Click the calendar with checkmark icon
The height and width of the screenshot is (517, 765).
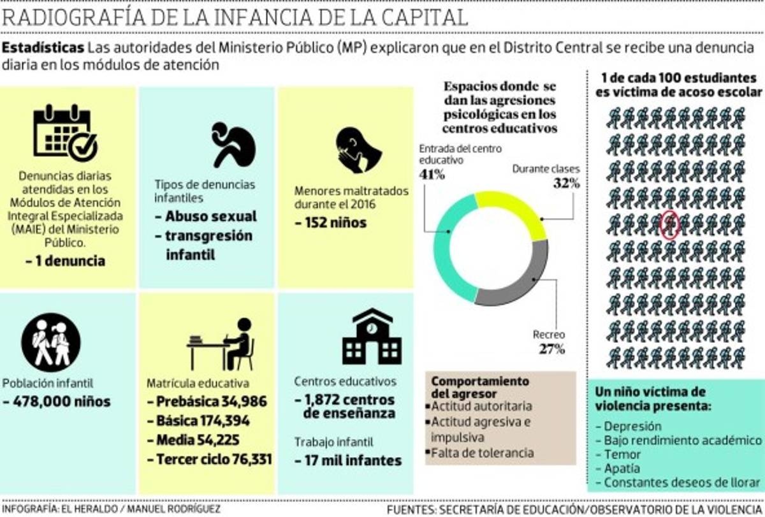(65, 131)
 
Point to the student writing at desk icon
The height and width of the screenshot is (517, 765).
(222, 344)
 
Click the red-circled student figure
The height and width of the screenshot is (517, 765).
(669, 224)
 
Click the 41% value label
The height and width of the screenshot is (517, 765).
(432, 174)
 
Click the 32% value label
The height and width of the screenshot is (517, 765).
(566, 184)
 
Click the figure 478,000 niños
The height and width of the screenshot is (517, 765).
(57, 402)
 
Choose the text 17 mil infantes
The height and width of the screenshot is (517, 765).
(347, 460)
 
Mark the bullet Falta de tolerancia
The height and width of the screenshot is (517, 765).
(482, 453)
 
